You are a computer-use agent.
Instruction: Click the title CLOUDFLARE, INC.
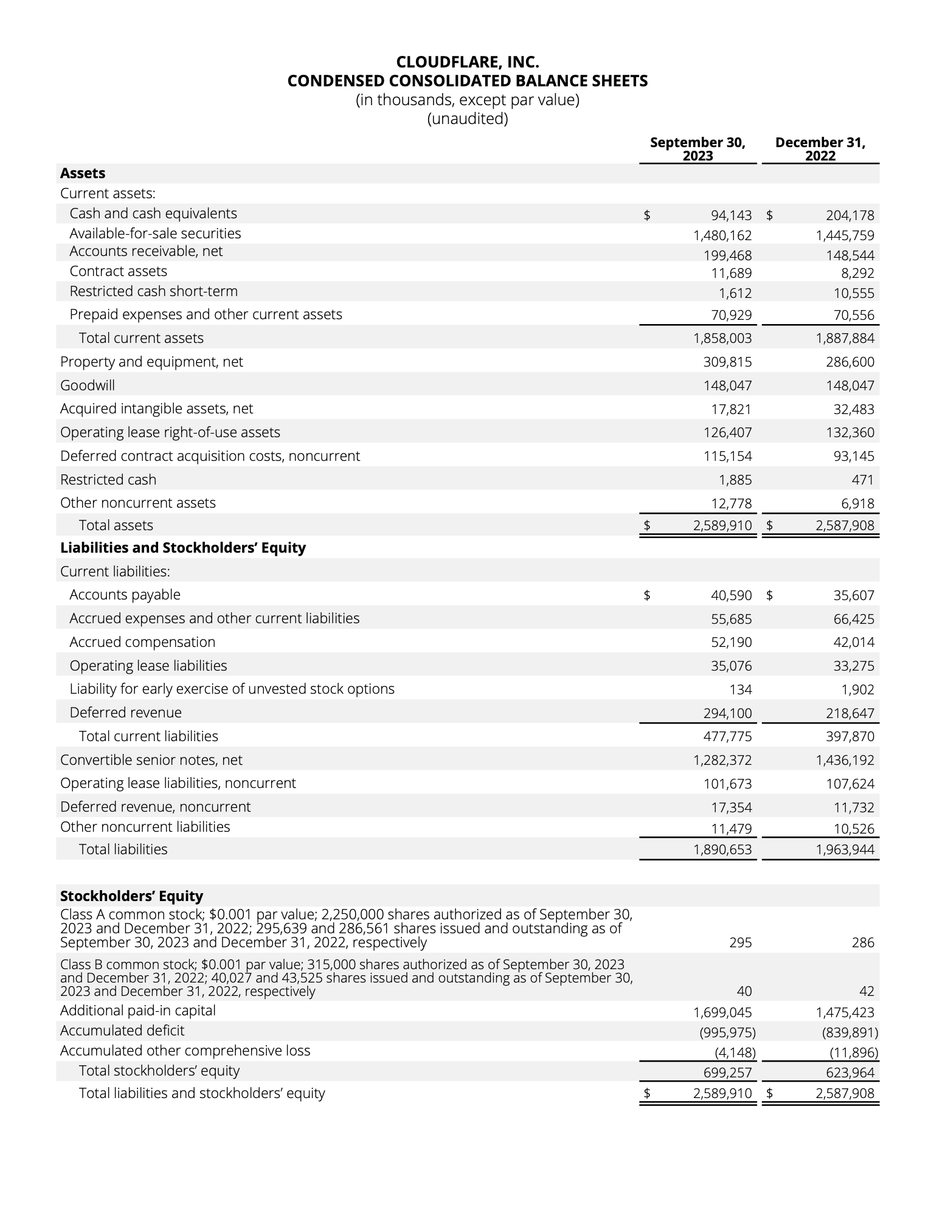tap(467, 62)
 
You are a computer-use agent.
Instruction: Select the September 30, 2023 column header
tap(697, 149)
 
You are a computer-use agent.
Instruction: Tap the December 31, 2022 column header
tap(820, 149)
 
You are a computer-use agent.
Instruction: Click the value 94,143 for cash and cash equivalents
tap(731, 215)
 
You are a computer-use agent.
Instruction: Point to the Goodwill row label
tap(88, 385)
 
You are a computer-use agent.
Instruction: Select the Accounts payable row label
tap(125, 595)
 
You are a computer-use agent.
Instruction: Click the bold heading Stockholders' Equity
tap(131, 896)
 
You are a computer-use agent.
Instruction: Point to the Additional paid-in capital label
tap(138, 1010)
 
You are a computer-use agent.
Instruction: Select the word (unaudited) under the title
tap(467, 119)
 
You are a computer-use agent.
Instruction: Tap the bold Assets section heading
tap(83, 173)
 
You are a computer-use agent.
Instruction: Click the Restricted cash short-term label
tap(154, 291)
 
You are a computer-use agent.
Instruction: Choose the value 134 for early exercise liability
tap(741, 689)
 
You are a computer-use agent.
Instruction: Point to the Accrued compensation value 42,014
tap(854, 643)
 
